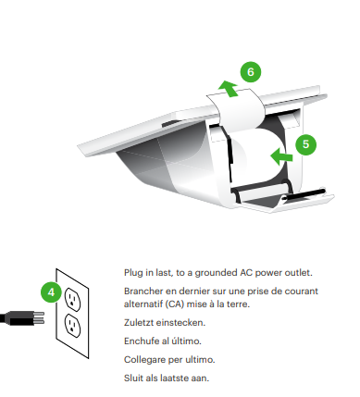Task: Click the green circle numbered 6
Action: coord(251,72)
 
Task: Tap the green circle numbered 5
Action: coord(305,144)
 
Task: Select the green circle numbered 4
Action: coord(51,292)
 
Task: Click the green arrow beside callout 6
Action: coord(229,89)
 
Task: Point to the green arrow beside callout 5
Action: coord(281,156)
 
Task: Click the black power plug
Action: coord(22,318)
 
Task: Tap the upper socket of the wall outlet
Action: coord(73,299)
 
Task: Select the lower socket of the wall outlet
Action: coord(73,326)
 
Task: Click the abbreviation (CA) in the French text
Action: coord(175,304)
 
